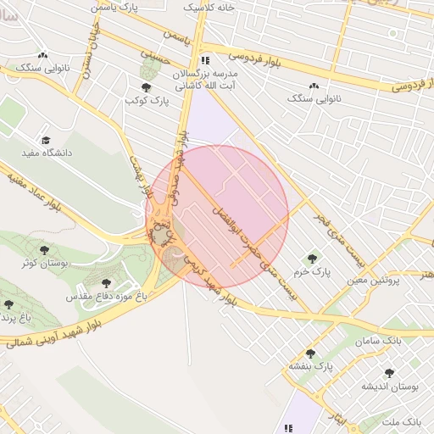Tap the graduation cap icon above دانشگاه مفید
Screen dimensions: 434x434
(46, 141)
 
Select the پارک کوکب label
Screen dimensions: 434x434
(147, 100)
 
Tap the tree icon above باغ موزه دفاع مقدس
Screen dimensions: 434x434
(106, 284)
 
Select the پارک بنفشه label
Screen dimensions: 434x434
(310, 366)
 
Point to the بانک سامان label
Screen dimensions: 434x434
(378, 340)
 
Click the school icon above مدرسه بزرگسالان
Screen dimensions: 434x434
(204, 61)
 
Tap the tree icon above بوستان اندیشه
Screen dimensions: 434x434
(389, 373)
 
